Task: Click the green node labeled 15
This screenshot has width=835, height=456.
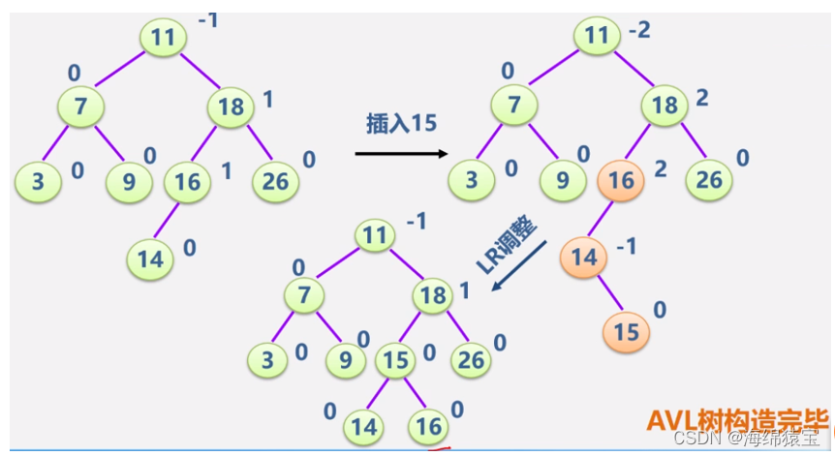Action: (395, 359)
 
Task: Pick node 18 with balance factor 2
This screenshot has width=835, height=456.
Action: (665, 106)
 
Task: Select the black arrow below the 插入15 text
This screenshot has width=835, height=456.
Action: (400, 153)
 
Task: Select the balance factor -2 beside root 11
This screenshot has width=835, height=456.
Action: (639, 31)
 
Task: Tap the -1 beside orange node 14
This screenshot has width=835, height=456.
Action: (627, 247)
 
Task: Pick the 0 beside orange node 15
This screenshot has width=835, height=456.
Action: (661, 310)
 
